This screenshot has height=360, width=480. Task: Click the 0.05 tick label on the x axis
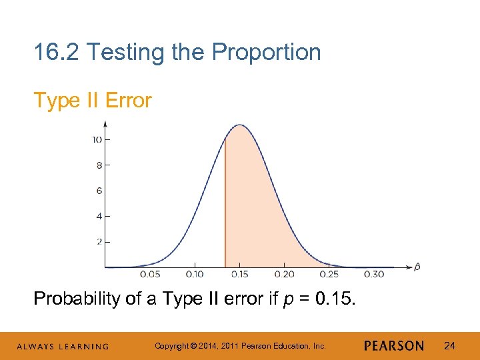click(x=150, y=274)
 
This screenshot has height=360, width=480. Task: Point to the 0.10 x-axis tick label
click(x=195, y=274)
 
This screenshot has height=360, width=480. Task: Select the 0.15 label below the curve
click(x=239, y=274)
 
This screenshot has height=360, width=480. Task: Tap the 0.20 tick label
click(x=284, y=274)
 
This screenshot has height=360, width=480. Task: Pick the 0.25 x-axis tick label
click(x=329, y=274)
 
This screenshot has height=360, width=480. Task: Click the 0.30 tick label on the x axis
click(x=374, y=274)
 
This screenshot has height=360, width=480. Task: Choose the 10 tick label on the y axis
click(x=97, y=139)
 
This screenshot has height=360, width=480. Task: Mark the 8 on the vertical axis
click(x=99, y=165)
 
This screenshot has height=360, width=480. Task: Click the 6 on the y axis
click(x=99, y=191)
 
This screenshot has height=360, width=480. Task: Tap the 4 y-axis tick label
click(x=99, y=216)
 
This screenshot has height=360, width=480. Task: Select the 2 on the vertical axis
click(x=99, y=241)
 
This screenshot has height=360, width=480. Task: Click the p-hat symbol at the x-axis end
click(x=417, y=267)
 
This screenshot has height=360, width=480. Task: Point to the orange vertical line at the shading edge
click(x=225, y=200)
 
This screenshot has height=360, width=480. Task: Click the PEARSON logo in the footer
click(x=394, y=345)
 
